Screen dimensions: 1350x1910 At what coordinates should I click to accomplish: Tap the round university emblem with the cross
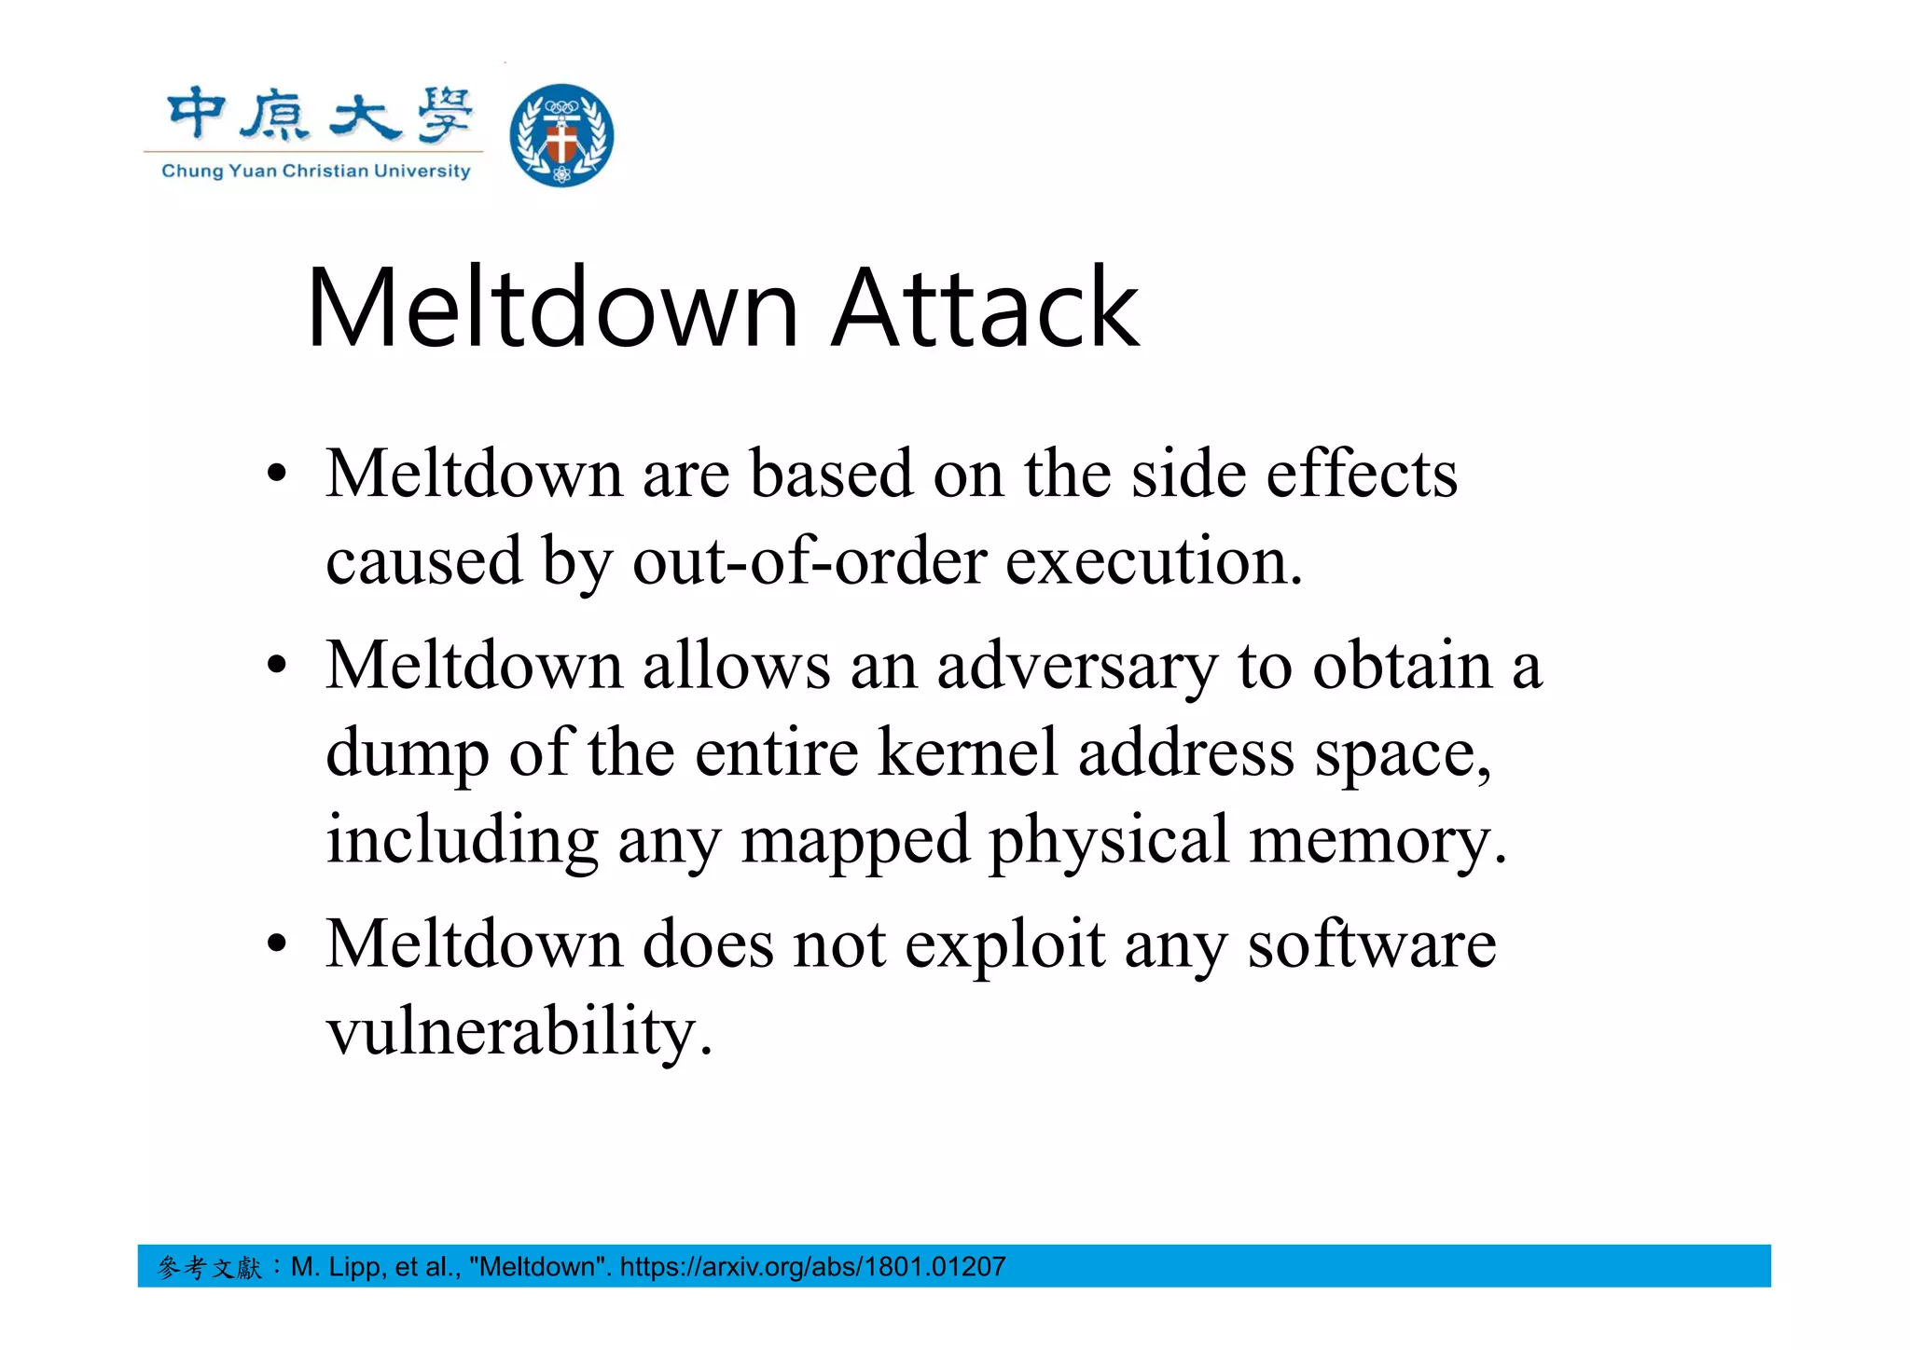(561, 135)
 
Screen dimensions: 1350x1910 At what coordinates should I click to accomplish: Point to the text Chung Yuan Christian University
(316, 172)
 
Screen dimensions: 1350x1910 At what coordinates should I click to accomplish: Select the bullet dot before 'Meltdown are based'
(276, 475)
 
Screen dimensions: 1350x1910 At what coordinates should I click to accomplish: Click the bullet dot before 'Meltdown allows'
(276, 667)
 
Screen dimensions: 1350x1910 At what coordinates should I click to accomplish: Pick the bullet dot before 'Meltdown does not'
(276, 944)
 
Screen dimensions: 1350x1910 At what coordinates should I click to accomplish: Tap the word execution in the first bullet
(1154, 561)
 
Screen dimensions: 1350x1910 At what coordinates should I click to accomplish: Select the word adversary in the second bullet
(1077, 667)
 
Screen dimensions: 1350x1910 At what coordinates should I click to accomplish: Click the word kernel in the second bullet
(968, 751)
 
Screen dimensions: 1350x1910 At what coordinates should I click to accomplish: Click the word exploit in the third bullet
(1005, 944)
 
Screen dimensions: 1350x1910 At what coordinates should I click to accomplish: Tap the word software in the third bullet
(1372, 944)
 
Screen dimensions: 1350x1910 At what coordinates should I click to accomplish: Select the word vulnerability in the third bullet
(519, 1032)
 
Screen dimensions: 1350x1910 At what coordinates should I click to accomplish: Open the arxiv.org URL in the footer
(812, 1267)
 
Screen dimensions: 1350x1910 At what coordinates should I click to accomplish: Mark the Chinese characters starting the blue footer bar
(210, 1267)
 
